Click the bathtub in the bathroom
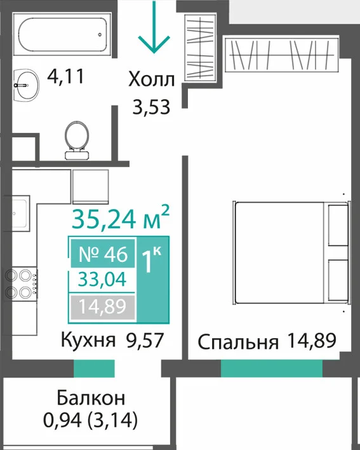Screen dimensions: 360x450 tap(62, 34)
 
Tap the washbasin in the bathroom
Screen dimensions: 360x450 tap(27, 85)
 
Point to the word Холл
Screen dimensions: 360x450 tap(151, 79)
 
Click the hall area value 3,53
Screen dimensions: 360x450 tap(151, 107)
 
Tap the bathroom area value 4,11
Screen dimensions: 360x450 tap(66, 77)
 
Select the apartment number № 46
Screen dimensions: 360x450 tap(103, 254)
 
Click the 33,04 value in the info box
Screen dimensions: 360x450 tap(102, 279)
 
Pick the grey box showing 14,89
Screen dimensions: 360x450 tap(102, 306)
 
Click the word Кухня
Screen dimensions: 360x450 tap(88, 340)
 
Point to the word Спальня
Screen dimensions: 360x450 tap(238, 342)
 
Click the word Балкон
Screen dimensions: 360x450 tap(91, 398)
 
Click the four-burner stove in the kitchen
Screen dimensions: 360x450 tap(21, 283)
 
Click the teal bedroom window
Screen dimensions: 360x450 tap(272, 369)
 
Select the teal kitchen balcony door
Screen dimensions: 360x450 tap(94, 369)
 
